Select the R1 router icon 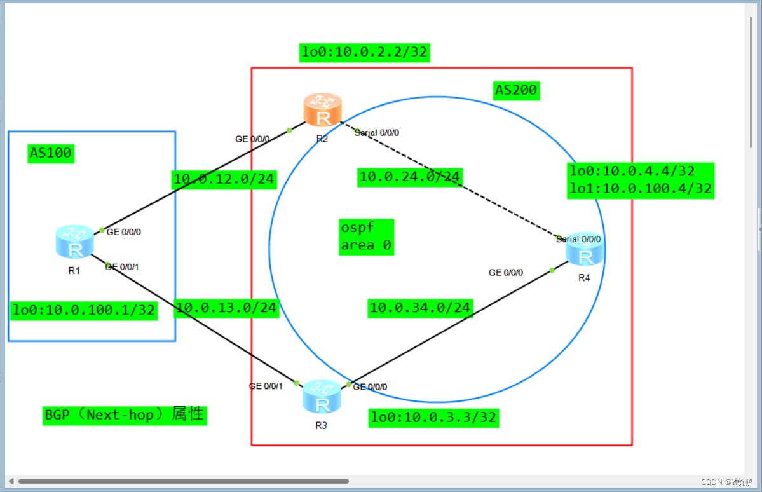point(74,242)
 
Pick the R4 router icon point(585,249)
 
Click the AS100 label point(51,153)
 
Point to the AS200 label point(516,91)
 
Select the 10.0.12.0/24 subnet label point(224,179)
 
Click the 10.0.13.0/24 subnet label point(226,308)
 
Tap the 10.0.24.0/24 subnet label point(410,177)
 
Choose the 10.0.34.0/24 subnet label point(420,308)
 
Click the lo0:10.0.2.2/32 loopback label point(365,52)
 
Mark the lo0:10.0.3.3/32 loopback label point(433,418)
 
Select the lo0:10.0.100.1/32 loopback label point(83,310)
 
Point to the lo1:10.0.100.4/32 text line point(641,189)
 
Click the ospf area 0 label point(366,237)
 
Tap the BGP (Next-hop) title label point(125,415)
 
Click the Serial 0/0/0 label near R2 point(378,133)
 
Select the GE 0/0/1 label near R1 point(122,267)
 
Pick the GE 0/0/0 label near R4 point(506,273)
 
